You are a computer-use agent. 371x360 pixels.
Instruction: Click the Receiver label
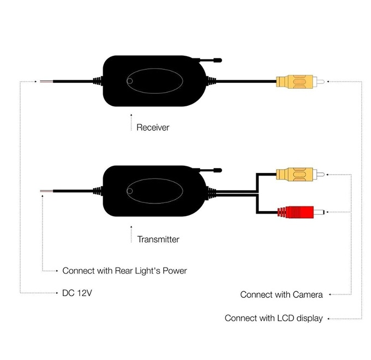tap(153, 128)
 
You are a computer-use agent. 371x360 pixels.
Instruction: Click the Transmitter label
tap(158, 239)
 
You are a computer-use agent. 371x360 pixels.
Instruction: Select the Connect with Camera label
tap(281, 295)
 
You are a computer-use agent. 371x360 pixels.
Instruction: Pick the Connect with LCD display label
tap(273, 318)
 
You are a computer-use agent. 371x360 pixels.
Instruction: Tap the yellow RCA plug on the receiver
tap(296, 82)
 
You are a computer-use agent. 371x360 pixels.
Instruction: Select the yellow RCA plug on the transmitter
tap(296, 175)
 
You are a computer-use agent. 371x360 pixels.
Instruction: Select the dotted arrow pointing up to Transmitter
tap(131, 236)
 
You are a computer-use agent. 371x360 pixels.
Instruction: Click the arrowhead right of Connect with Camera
tap(331, 295)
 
